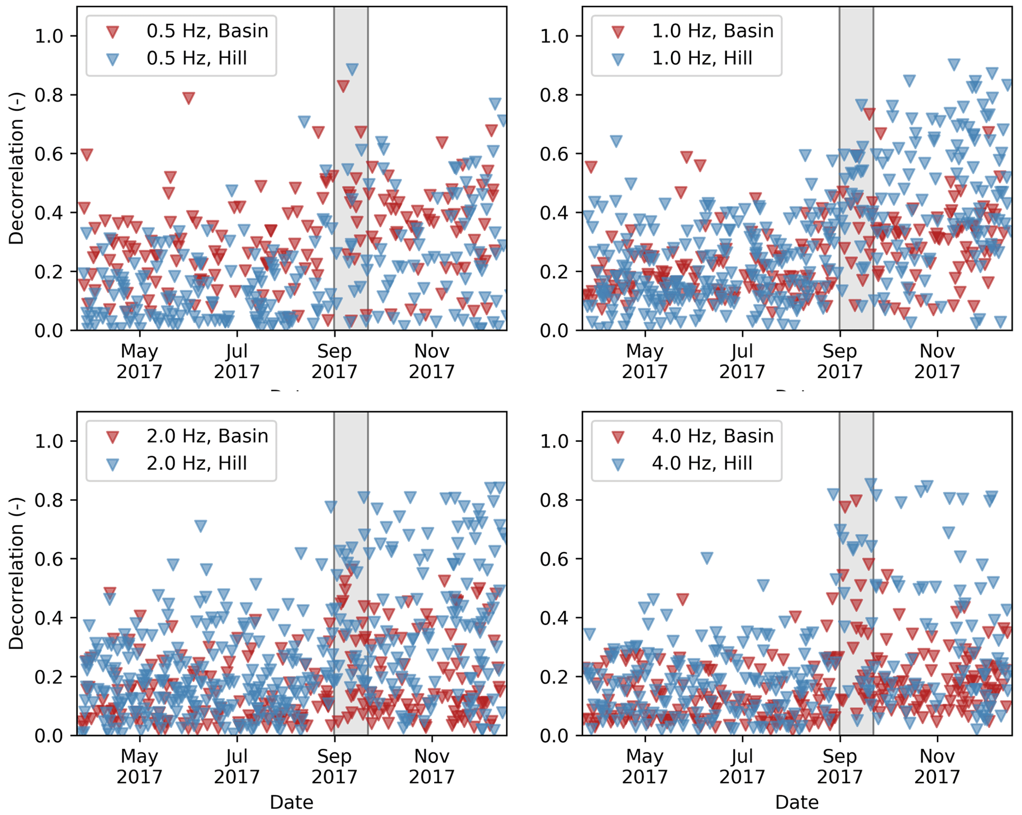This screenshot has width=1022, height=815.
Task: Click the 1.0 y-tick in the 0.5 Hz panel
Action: coord(49,36)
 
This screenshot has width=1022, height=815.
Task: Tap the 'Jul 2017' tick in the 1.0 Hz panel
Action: coord(742,361)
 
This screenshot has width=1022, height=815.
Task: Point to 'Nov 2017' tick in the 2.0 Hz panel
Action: coord(432,767)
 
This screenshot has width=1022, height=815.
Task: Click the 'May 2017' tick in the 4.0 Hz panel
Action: coord(645,767)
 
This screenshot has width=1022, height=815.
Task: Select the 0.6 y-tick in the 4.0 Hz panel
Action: coord(554,559)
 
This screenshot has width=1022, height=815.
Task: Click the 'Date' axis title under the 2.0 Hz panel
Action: coord(291,802)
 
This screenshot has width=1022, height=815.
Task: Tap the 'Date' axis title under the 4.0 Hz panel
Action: coord(797,802)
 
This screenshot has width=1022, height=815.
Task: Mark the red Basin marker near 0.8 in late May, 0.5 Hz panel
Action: coord(188,98)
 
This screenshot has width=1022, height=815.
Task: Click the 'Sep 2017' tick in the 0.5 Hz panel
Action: coord(334,361)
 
